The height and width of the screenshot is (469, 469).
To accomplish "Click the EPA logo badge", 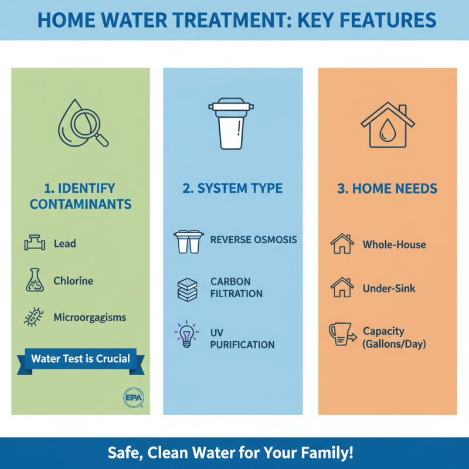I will tap(134, 397).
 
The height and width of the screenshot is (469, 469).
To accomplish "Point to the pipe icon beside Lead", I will tap(35, 243).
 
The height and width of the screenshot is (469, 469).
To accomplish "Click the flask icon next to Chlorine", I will tap(35, 280).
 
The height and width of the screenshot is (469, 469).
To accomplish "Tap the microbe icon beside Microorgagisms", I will tap(35, 318).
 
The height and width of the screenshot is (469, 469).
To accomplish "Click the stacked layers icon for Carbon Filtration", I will tap(188, 287).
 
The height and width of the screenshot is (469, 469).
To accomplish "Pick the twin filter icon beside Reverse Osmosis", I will tap(188, 241).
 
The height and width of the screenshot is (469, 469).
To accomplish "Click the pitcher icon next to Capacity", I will tap(342, 336).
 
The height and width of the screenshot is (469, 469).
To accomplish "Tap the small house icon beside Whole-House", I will tap(342, 244).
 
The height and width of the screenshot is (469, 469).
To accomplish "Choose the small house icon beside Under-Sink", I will tap(342, 288).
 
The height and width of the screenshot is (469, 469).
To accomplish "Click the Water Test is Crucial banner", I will tap(80, 359).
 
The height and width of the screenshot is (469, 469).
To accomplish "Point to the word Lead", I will tap(64, 243).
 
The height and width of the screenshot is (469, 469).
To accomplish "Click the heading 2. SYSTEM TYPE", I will tap(233, 189).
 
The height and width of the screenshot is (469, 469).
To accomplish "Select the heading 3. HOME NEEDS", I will tap(388, 189).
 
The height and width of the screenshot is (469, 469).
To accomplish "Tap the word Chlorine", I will tap(73, 281).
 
